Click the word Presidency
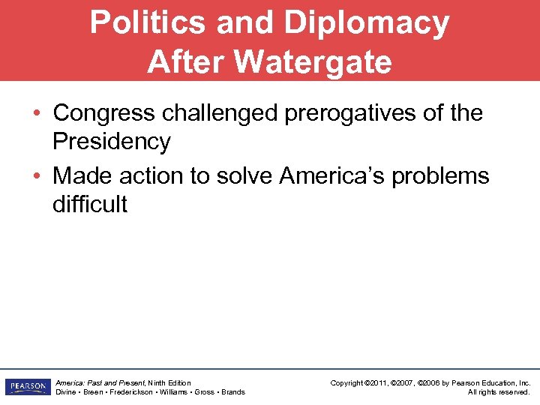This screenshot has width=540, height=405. tap(112, 141)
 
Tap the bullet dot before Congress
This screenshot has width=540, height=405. tap(36, 114)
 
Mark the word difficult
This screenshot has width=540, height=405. tap(90, 204)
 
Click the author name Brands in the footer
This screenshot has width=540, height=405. tap(232, 392)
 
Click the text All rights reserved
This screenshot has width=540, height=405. tap(499, 392)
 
